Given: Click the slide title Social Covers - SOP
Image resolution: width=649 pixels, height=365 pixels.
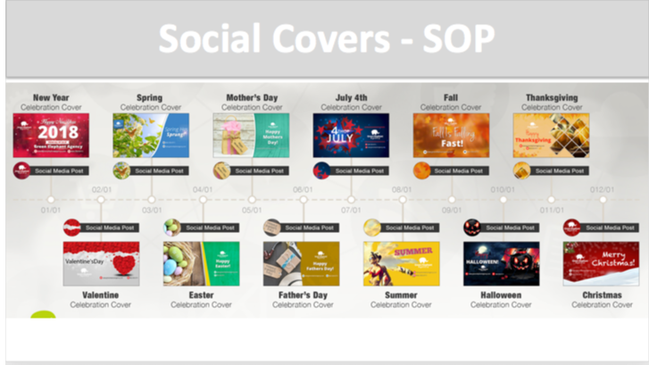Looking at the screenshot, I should tap(325, 38).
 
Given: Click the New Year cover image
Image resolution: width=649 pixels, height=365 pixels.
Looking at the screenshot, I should tap(51, 136).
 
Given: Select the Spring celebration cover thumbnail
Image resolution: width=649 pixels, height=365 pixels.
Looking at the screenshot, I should tap(151, 136).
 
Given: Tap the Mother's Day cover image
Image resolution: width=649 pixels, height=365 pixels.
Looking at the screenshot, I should tap(251, 136).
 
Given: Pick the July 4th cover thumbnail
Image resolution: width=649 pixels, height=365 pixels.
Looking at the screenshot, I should tap(351, 136).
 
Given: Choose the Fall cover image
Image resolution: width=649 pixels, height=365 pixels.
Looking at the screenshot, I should tap(451, 136).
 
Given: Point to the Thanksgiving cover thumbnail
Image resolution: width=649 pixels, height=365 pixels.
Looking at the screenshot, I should tap(551, 136).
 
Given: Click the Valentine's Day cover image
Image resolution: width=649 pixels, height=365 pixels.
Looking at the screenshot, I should tap(101, 263).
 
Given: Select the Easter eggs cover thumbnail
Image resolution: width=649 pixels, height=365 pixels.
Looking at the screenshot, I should tap(201, 263).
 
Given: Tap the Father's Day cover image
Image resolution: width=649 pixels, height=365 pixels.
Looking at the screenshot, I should tap(301, 263).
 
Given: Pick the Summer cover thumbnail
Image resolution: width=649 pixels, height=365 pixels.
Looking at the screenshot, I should tap(401, 263).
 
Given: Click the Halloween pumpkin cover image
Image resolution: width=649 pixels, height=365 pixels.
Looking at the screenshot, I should tap(501, 263).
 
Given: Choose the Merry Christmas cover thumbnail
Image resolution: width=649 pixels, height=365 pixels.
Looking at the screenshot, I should tap(601, 263).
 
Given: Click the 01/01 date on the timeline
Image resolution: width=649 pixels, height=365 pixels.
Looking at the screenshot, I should tap(51, 211).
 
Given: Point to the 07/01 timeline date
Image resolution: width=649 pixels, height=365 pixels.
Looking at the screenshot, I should tap(351, 211).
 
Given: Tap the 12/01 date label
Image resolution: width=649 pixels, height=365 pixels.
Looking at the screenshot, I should tap(602, 189).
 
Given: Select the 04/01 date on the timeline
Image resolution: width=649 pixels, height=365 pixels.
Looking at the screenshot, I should tap(202, 189).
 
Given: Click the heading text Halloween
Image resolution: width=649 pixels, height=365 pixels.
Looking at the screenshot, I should tap(501, 294).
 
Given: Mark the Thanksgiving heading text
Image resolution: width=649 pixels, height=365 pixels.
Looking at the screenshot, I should tap(551, 97).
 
